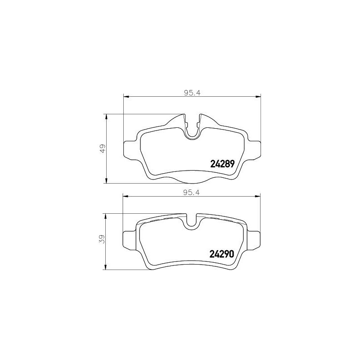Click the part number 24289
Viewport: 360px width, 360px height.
click(x=222, y=164)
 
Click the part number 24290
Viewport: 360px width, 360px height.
click(x=222, y=254)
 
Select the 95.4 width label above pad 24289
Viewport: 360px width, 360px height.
click(x=192, y=93)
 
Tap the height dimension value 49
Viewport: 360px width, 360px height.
click(x=103, y=148)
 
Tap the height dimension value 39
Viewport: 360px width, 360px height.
click(x=103, y=239)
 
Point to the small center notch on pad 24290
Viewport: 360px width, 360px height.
click(x=192, y=221)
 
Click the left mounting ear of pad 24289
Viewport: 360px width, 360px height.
click(x=130, y=149)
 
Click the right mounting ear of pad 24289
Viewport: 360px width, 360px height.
click(x=255, y=149)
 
